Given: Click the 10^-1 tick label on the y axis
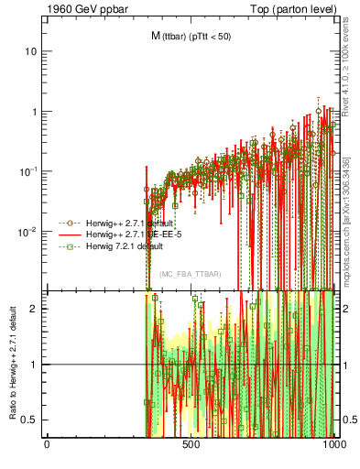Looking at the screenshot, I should pyautogui.click(x=27, y=171).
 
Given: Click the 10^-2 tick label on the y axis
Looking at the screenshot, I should pyautogui.click(x=27, y=232).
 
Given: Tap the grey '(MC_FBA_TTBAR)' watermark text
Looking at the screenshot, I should pyautogui.click(x=191, y=274).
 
